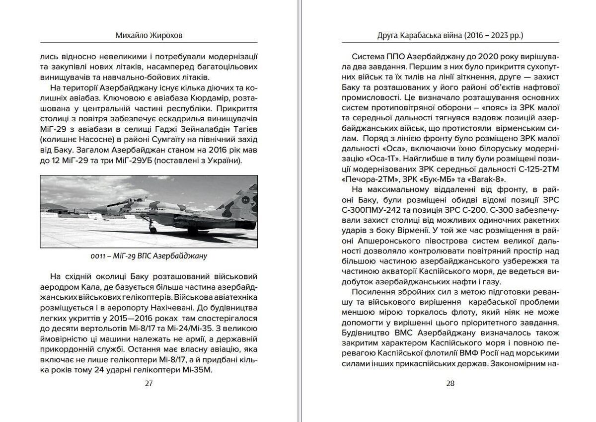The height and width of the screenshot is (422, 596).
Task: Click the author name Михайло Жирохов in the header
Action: [149, 36]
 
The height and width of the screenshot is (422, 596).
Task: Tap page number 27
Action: [149, 383]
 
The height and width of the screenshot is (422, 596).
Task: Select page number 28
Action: [450, 383]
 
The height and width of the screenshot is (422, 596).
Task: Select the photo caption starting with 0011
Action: [149, 256]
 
